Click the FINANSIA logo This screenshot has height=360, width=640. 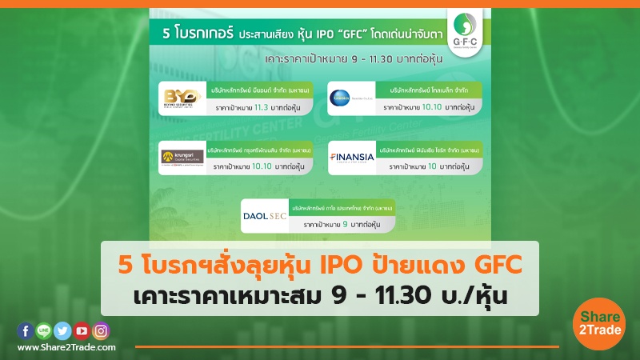coord(352,157)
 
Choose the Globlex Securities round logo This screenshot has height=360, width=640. coord(350,97)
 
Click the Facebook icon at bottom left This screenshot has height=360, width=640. coord(24,330)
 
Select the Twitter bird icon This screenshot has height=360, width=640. coord(62,330)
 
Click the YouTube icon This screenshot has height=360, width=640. coord(81,330)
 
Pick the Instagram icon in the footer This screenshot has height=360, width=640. coord(100,330)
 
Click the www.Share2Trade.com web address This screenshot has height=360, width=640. coord(66,347)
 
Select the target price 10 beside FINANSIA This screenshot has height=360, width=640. coord(435,168)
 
